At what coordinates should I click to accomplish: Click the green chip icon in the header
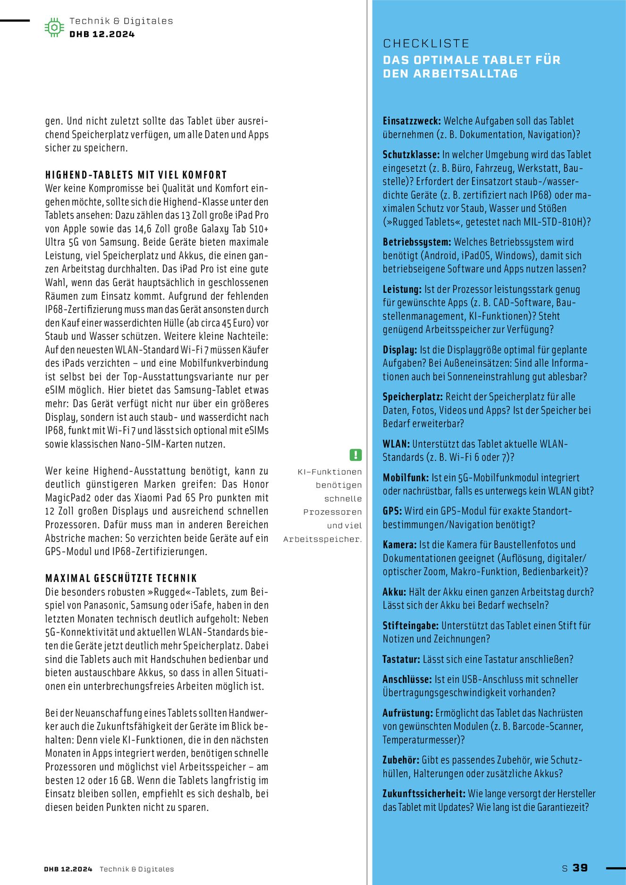coord(54,27)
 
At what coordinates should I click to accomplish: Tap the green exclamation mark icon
coord(355,455)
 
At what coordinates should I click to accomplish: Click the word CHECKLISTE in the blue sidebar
coord(426,43)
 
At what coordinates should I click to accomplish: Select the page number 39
coord(580,868)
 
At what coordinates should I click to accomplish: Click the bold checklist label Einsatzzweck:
coord(412,121)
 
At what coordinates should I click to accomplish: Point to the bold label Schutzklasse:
coord(411,155)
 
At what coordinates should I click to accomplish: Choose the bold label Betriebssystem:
coord(417,242)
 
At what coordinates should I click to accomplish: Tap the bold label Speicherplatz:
coord(413,397)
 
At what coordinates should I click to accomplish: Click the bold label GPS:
coord(392,511)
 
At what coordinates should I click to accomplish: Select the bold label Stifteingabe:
coord(411,626)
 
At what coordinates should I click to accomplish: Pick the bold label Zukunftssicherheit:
coord(424,794)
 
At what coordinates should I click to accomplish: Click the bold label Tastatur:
coord(401,659)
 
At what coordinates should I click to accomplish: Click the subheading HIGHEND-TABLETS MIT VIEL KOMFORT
coord(136,175)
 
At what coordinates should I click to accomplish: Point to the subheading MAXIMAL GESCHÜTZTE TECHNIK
coord(121,579)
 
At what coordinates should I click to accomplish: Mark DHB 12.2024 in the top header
coord(102,34)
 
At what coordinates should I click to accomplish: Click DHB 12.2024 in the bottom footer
coord(68,869)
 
